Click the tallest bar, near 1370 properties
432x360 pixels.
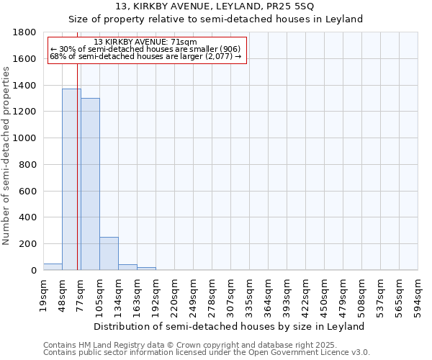pos(71,179)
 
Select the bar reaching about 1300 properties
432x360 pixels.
pos(90,184)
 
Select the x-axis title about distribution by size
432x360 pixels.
pos(230,326)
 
